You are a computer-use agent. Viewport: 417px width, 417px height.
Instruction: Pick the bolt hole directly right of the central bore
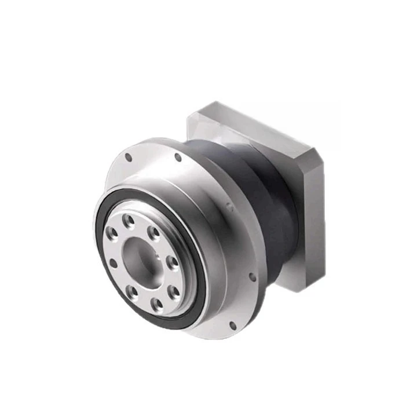[x=172, y=262]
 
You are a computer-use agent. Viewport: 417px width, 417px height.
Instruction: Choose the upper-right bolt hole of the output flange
[x=153, y=233]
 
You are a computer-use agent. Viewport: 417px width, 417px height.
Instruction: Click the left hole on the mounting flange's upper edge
[x=129, y=156]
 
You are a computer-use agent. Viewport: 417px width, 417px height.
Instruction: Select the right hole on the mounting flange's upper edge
[x=178, y=157]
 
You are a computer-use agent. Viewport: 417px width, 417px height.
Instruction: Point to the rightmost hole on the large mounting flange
[x=253, y=277]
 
